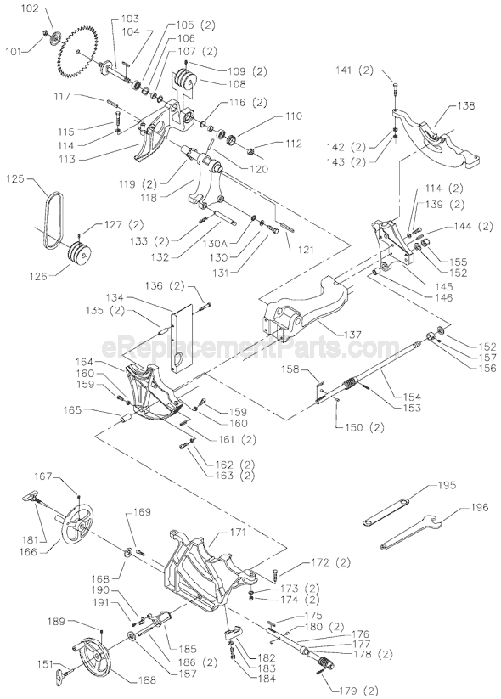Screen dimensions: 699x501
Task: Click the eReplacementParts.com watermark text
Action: click(250, 347)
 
